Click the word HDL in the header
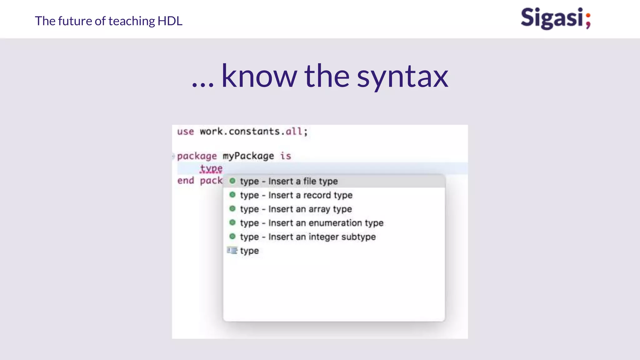[x=170, y=21]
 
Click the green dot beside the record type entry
[x=232, y=195]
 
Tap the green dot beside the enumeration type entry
[x=232, y=222]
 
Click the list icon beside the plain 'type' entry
[x=232, y=251]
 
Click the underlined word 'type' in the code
[x=211, y=168]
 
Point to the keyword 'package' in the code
[x=197, y=156]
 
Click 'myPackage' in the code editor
[x=248, y=156]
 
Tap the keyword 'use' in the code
[x=185, y=132]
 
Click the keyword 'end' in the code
[x=185, y=181]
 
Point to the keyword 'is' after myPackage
[x=285, y=156]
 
